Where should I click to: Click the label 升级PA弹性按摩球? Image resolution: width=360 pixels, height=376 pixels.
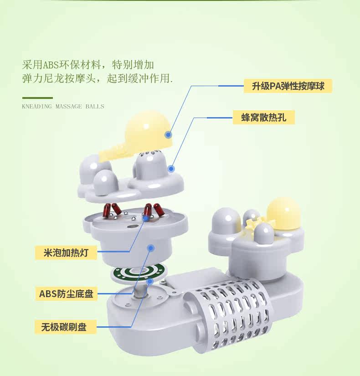click(x=288, y=86)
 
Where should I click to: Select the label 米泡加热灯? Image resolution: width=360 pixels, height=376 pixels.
click(x=66, y=252)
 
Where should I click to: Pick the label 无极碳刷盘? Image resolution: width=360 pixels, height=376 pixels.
click(x=63, y=327)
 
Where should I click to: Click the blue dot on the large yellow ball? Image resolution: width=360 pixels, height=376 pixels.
click(x=168, y=134)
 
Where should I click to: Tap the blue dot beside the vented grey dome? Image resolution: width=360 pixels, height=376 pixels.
click(x=171, y=169)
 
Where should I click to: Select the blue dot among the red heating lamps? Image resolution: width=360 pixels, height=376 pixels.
click(x=146, y=218)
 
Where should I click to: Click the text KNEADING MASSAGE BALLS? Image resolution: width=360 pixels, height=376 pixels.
click(x=63, y=107)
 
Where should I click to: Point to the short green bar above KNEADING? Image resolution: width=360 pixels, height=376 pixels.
click(x=37, y=98)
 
